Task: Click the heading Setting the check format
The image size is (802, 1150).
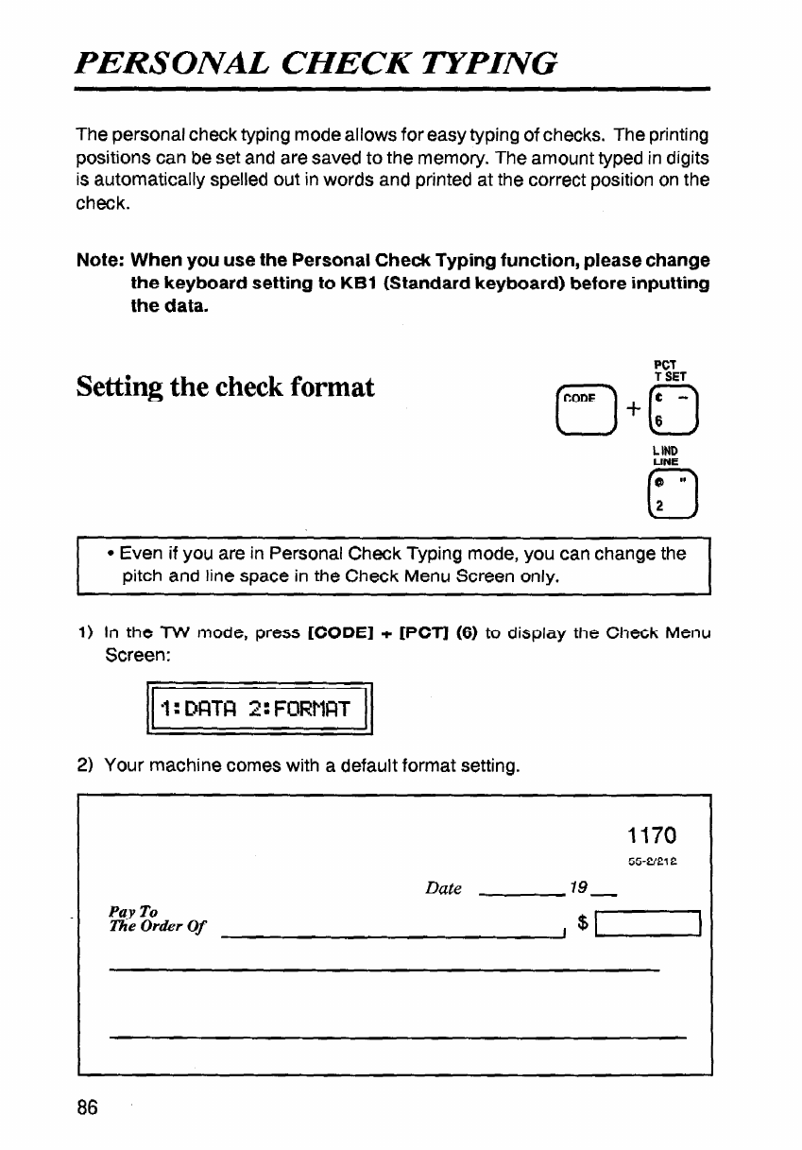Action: point(226,386)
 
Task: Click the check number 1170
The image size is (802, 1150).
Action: point(651,835)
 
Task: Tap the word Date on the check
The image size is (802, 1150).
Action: point(443,888)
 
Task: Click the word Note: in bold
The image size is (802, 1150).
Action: point(99,260)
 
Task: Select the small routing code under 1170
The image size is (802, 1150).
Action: point(654,863)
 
